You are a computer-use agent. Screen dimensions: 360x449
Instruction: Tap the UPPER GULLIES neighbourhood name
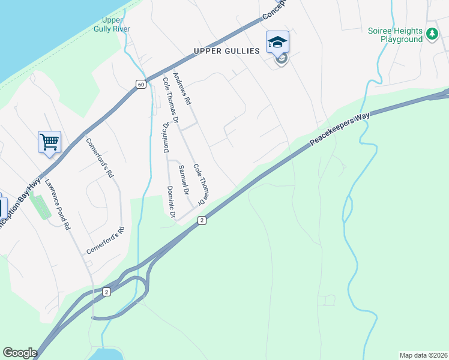pos(226,51)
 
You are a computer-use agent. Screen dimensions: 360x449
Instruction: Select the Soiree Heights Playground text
pos(396,35)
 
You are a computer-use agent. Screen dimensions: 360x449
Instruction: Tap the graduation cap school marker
pos(277,43)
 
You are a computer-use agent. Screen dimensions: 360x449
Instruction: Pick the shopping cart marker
pos(49,142)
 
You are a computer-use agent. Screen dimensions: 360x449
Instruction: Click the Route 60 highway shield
pos(140,84)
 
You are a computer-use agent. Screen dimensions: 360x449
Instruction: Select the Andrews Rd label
pos(181,89)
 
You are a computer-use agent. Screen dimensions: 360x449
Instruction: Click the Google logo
pos(20,353)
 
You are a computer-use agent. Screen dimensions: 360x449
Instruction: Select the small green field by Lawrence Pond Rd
pos(40,208)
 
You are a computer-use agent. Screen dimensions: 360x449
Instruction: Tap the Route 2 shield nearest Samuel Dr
pos(202,221)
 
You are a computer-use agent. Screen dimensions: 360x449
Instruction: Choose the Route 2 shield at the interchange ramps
pos(106,292)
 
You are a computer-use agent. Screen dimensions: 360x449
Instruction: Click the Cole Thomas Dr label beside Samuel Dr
pos(200,184)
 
